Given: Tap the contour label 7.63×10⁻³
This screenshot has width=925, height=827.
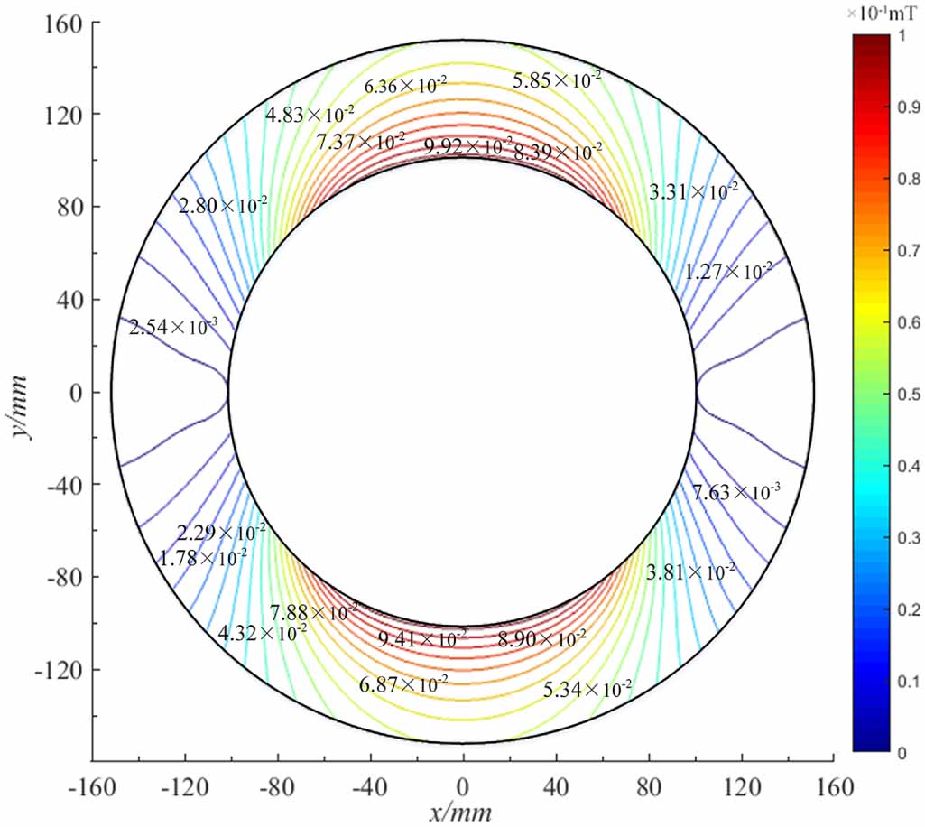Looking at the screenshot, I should point(736,492).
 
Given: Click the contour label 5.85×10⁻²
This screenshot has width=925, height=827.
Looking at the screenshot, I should point(557,80).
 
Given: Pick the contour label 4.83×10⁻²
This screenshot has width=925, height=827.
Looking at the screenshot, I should point(310,114).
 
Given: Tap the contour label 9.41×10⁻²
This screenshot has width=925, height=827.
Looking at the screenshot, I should point(422,639).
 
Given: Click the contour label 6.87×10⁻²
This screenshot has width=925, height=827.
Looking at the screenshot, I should point(403,685).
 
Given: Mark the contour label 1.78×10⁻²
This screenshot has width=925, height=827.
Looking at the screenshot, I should point(203,558).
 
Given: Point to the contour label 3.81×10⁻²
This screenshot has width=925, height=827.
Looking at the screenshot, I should point(690,571).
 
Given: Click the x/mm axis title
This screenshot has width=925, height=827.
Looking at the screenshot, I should point(462,813).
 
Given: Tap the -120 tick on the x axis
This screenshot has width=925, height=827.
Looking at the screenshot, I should point(185,787).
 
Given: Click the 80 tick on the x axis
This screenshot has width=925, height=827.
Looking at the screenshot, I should point(648,787).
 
